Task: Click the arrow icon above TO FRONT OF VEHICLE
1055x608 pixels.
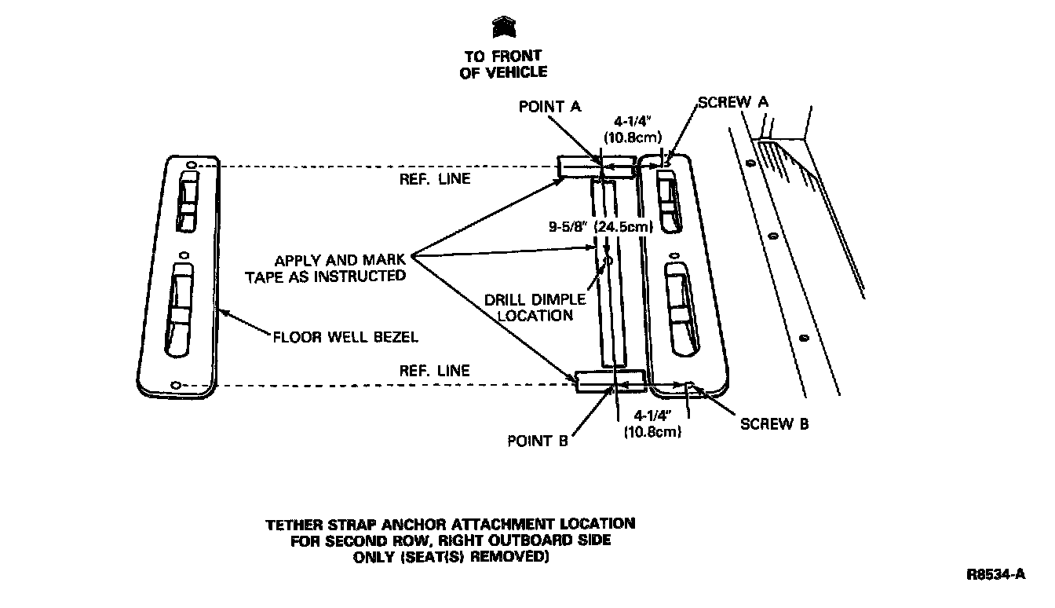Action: pos(504,28)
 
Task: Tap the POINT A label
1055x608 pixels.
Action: pos(549,107)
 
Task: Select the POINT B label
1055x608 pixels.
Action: pos(537,441)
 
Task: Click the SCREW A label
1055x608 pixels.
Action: pos(733,102)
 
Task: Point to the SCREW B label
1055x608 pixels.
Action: pos(774,424)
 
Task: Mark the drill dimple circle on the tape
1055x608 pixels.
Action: pos(607,260)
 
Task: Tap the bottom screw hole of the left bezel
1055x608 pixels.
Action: pos(176,385)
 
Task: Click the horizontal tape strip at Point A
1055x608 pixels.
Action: pos(596,167)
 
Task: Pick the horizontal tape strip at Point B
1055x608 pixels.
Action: pos(611,382)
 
